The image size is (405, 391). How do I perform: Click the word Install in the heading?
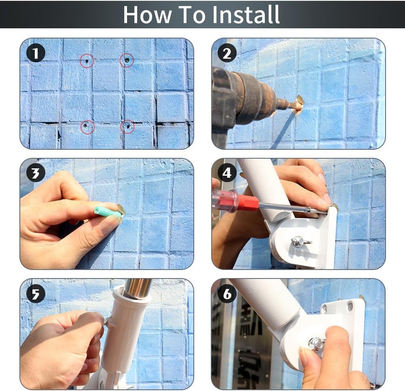246,15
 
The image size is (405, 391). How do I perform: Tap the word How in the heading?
147,15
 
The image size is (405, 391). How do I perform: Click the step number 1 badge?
36,53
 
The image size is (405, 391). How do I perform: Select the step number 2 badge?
227,53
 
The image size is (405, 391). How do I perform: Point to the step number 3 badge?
36,173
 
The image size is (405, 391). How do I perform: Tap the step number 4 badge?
227,173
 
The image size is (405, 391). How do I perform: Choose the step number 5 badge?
36,294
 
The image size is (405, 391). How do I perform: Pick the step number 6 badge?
227,294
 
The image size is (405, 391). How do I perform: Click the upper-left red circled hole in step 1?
87,61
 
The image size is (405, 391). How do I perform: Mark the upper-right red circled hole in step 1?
127,60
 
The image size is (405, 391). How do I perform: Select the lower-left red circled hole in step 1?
87,127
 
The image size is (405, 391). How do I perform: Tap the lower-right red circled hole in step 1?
127,127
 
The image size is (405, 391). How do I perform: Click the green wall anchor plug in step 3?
108,211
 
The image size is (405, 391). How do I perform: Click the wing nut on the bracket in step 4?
300,241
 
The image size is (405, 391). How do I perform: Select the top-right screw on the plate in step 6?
350,306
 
